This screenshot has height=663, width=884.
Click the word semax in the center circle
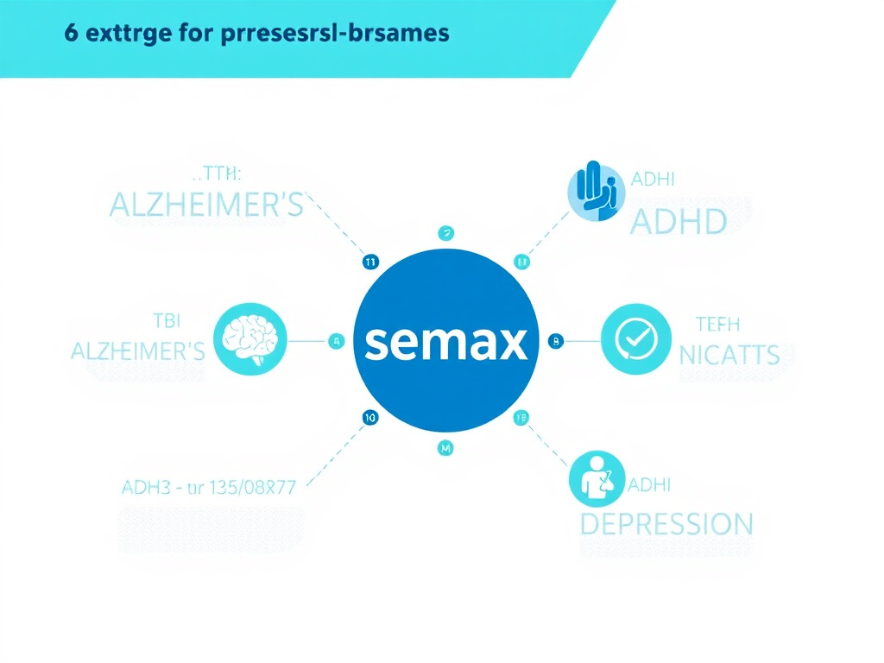point(445,343)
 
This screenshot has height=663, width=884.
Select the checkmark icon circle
point(635,340)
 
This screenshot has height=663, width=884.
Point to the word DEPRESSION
point(666,523)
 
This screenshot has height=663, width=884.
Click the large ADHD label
point(679,222)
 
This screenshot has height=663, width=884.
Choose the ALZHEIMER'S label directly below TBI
point(137,350)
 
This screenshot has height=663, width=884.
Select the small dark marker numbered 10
point(369,418)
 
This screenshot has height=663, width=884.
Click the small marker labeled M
point(445,448)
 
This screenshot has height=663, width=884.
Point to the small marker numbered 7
point(445,232)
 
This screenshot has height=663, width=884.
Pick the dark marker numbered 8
point(555,341)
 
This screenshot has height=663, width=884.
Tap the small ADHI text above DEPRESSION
point(650,485)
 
